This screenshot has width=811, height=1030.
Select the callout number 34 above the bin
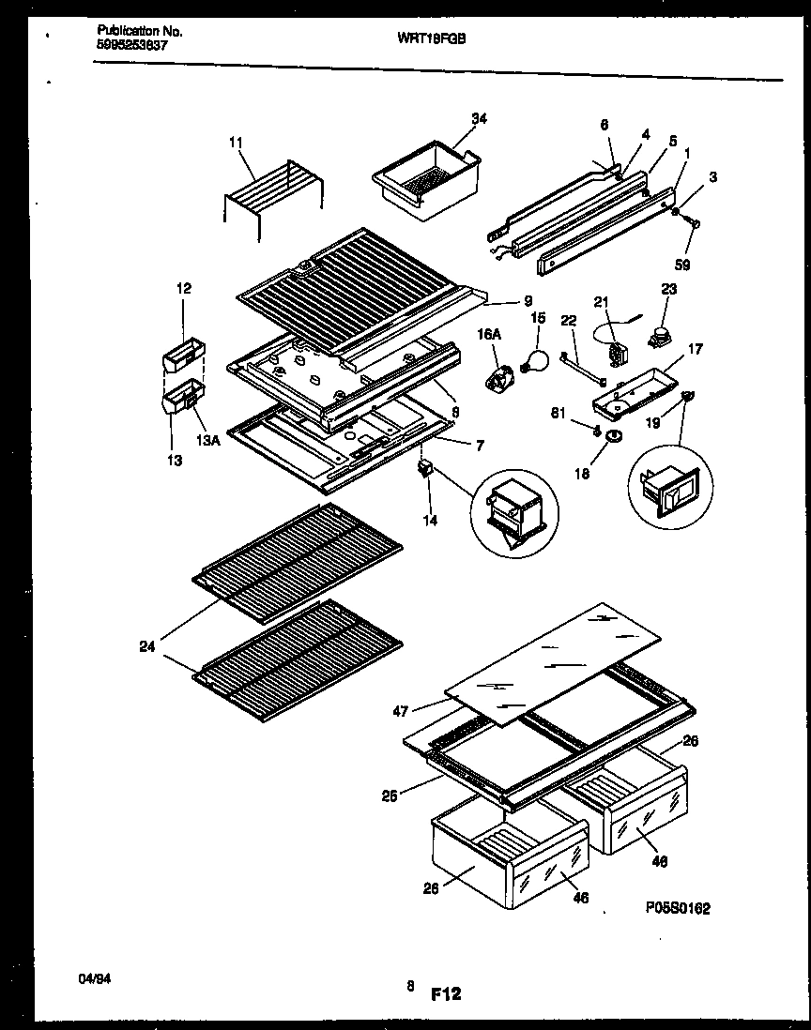pyautogui.click(x=479, y=118)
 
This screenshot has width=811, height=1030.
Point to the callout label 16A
pyautogui.click(x=485, y=332)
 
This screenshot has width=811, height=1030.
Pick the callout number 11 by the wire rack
pyautogui.click(x=235, y=142)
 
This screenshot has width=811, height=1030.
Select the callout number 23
pyautogui.click(x=669, y=290)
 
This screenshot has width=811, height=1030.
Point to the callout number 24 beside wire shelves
pyautogui.click(x=147, y=644)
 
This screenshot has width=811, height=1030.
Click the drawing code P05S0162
pyautogui.click(x=678, y=907)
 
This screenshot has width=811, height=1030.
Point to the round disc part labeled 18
pyautogui.click(x=615, y=436)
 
